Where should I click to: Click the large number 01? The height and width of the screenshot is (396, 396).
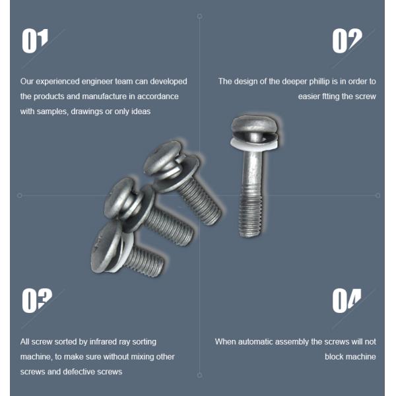click(35, 41)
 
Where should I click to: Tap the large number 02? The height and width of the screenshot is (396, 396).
click(347, 41)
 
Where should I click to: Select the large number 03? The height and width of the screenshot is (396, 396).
click(37, 301)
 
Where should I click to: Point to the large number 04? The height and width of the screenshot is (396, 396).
click(346, 301)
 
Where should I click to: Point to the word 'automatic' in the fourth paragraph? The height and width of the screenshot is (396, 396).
click(255, 342)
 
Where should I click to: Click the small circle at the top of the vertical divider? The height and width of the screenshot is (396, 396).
click(199, 16)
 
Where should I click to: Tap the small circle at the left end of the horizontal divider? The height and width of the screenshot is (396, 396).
click(19, 195)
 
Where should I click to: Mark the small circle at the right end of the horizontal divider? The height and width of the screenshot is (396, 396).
click(378, 195)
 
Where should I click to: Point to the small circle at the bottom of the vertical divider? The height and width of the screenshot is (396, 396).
click(199, 376)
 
